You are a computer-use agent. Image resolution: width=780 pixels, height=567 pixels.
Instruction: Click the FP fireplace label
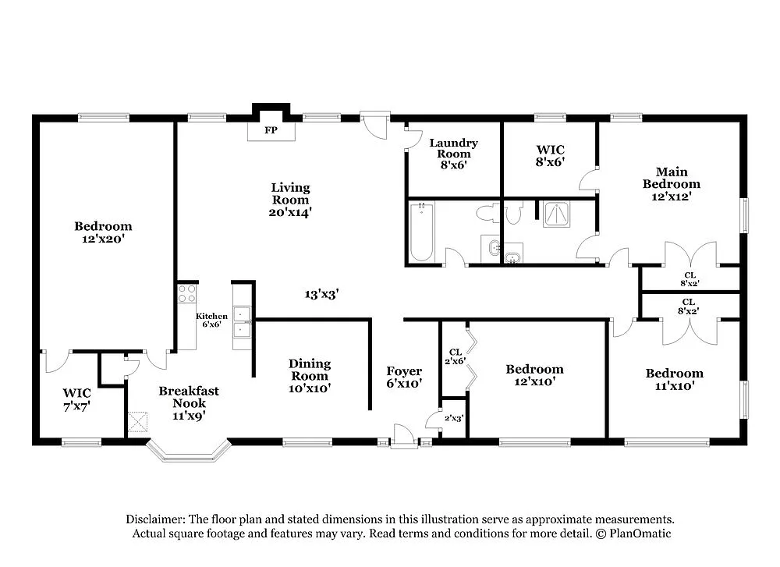tap(271, 130)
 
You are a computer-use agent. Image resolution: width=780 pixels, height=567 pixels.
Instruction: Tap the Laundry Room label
tap(453, 148)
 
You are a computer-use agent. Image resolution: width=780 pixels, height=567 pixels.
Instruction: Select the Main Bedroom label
tap(671, 184)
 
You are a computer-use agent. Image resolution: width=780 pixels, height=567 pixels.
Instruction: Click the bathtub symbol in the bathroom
tap(421, 232)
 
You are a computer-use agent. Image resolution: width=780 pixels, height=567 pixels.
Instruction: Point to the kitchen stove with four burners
tap(186, 293)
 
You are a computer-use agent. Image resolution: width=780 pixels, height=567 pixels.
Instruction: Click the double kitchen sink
tap(243, 320)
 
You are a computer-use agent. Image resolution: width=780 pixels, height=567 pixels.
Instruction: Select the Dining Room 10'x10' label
tap(310, 375)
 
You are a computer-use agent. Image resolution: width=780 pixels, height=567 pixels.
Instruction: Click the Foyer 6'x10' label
tap(404, 377)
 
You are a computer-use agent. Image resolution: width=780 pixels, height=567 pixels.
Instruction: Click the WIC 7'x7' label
tap(77, 399)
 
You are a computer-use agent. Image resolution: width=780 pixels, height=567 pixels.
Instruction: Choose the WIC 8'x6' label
tap(550, 155)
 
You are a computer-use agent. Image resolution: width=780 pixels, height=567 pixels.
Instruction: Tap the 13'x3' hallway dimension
tap(321, 294)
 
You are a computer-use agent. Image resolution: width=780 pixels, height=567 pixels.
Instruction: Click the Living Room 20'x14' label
tap(290, 199)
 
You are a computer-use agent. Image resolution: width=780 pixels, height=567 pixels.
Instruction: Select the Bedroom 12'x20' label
tap(103, 232)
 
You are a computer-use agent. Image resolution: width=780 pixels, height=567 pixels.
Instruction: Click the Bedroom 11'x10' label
tap(674, 379)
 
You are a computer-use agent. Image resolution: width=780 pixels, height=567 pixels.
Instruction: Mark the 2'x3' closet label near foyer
tap(454, 418)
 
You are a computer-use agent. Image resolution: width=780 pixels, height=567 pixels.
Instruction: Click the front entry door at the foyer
tap(404, 438)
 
